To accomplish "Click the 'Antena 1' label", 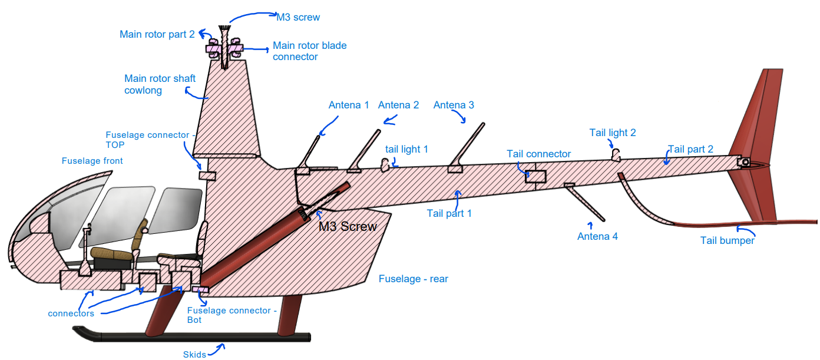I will coord(349,105).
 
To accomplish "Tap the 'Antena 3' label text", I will coord(454,105).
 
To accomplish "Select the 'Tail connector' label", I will coord(538,154).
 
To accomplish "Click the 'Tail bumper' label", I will coord(727,240).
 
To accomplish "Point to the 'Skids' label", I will coord(194,354).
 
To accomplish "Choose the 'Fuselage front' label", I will coord(92,161).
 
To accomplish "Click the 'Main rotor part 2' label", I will coord(157,34).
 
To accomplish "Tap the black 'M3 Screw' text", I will coord(348,227).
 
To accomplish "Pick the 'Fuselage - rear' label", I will coord(413,279).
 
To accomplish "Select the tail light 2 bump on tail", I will coord(616,155).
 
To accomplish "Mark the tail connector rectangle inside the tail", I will coord(535,175).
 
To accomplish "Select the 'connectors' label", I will coord(71,313).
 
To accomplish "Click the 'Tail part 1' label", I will coord(449,213).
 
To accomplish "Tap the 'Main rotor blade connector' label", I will coord(309,51).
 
